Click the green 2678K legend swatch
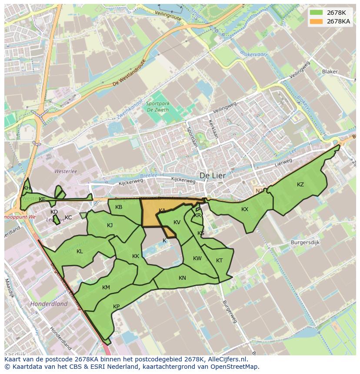tap(317, 13)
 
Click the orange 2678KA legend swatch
tap(317, 21)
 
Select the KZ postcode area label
tap(300, 185)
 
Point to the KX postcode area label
tap(245, 209)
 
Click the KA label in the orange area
tap(162, 211)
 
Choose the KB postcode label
tap(119, 207)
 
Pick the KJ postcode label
tap(110, 225)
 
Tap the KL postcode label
tap(80, 252)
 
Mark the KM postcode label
tap(106, 288)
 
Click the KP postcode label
tap(116, 307)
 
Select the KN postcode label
tap(182, 278)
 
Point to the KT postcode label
tap(219, 261)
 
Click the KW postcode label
tap(197, 258)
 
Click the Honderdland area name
tap(49, 304)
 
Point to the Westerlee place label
tap(65, 171)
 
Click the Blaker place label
tap(330, 72)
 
